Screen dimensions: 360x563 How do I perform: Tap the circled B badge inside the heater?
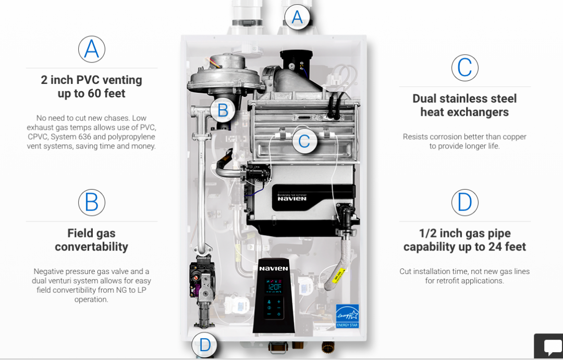[x=223, y=110]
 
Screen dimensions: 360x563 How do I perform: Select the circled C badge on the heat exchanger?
[x=304, y=140]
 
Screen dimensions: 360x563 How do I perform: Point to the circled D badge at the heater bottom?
[x=204, y=345]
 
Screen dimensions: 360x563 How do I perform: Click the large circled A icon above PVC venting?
[x=92, y=49]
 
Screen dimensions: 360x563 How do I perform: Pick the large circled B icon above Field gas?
[x=92, y=203]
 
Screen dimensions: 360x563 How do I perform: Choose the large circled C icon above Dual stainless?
[x=465, y=68]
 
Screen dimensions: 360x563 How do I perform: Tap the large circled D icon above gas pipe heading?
[x=465, y=203]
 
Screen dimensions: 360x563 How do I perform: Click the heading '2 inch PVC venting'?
[x=91, y=86]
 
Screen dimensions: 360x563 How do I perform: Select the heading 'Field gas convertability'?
[x=91, y=240]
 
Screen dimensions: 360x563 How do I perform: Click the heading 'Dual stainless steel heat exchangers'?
[x=464, y=105]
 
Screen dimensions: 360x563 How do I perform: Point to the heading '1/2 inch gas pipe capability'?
[x=464, y=240]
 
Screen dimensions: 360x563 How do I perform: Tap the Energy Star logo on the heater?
[x=347, y=316]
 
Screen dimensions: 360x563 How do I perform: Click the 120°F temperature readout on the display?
[x=275, y=287]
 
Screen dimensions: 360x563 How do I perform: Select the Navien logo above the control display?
[x=274, y=268]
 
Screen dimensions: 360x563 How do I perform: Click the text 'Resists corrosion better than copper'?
[x=464, y=137]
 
